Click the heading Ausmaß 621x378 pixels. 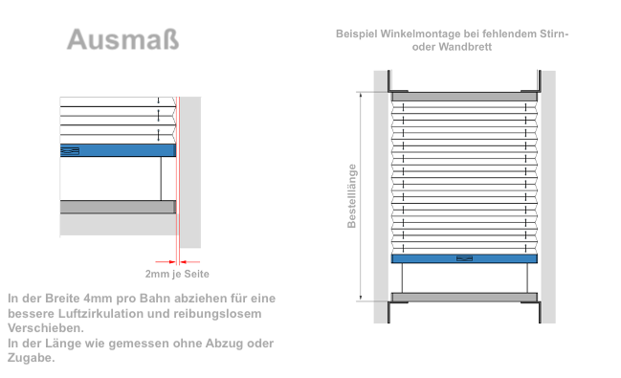pos(122,39)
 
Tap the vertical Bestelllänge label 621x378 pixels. pos(352,196)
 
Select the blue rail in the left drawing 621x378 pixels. pos(117,150)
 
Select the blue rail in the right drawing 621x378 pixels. pos(464,257)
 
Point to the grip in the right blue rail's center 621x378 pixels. pos(464,257)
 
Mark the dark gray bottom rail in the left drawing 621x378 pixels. pos(117,207)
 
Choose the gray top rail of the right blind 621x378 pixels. pos(464,96)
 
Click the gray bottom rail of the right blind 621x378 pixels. pos(464,297)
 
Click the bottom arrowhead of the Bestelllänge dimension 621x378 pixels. pos(361,298)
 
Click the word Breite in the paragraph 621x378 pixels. pos(62,299)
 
